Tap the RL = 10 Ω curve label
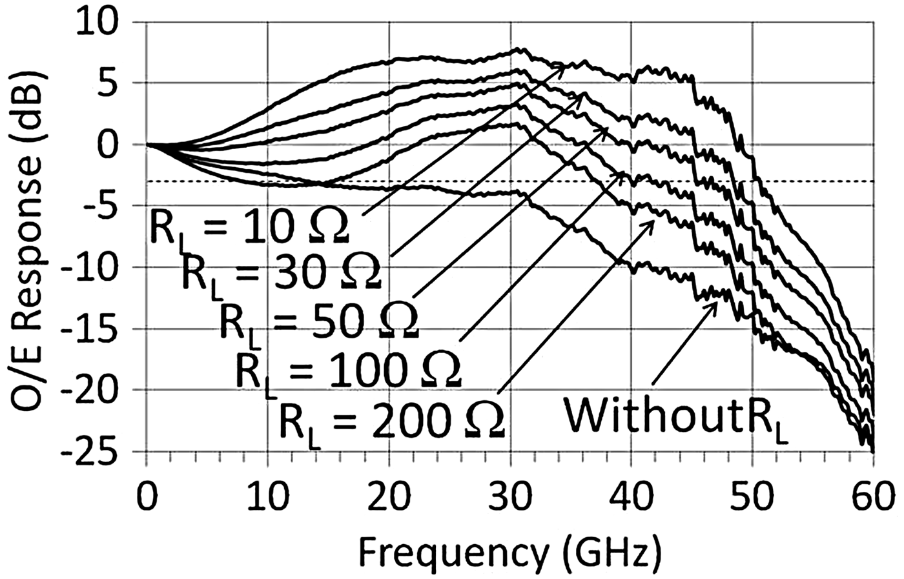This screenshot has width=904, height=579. pyautogui.click(x=249, y=227)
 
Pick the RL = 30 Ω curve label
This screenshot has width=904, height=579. pyautogui.click(x=282, y=270)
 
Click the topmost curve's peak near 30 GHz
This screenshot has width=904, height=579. pyautogui.click(x=520, y=49)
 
